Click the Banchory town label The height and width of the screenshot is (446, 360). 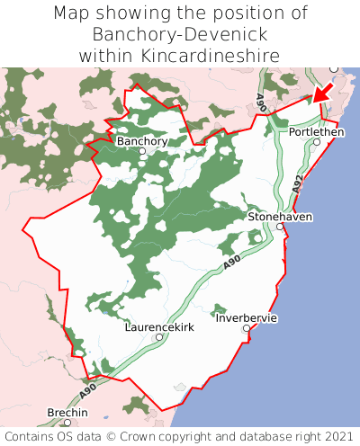point(142,141)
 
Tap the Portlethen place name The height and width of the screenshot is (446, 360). point(316,131)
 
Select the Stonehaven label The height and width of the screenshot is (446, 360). point(279,217)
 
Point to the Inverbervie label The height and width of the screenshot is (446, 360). point(247,318)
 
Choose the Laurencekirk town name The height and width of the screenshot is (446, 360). point(158,327)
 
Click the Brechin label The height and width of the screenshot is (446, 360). point(67,412)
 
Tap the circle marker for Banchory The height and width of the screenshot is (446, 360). point(142,151)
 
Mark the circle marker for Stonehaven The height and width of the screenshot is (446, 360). point(280,227)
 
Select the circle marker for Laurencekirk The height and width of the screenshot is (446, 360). point(159,337)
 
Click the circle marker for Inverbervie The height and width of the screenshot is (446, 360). point(247,328)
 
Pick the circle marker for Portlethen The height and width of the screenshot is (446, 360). point(317,141)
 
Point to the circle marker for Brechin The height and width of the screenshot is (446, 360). point(67,422)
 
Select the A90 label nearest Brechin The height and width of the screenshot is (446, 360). point(87,392)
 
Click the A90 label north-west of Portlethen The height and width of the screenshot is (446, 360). point(260,101)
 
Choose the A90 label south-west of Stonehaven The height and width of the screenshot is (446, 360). point(231,263)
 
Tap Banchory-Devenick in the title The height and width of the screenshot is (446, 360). point(180,34)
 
